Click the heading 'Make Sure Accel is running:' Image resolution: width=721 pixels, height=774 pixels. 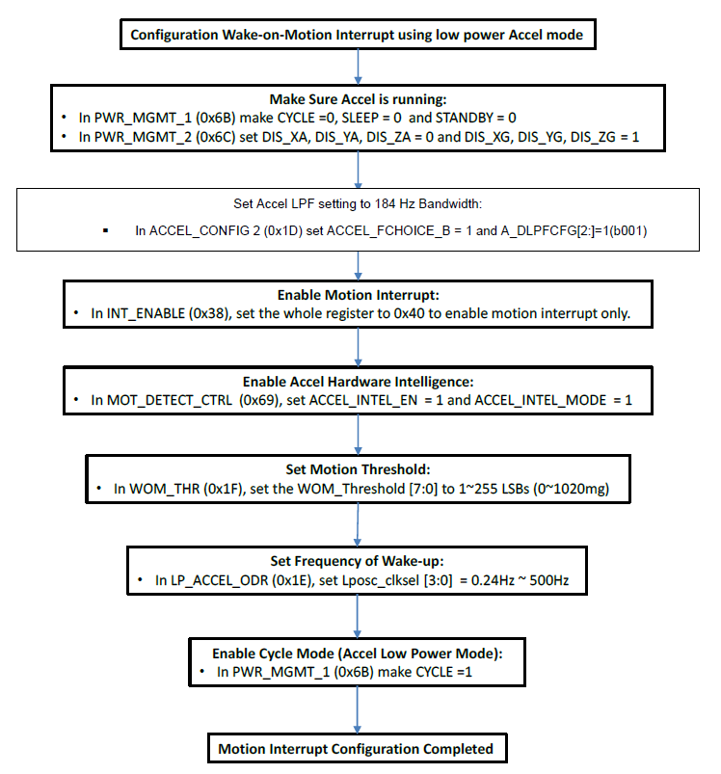(x=358, y=99)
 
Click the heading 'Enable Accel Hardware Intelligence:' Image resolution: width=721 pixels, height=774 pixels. (x=358, y=382)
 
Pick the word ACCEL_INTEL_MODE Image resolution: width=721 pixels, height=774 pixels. (x=541, y=400)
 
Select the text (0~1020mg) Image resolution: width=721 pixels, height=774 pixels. (x=571, y=489)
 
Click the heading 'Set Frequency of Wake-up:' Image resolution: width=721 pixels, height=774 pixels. (x=357, y=561)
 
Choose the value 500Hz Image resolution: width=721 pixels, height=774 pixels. (x=548, y=580)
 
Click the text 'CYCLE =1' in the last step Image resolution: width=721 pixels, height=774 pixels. (x=444, y=672)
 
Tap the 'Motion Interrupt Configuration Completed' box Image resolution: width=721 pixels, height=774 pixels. (x=358, y=748)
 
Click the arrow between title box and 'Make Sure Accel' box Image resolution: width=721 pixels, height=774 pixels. (x=358, y=67)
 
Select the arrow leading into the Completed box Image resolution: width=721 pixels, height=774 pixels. (x=358, y=709)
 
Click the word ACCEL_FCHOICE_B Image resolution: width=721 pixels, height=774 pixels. (x=388, y=231)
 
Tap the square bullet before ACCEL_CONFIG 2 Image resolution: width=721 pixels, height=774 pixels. (x=106, y=230)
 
